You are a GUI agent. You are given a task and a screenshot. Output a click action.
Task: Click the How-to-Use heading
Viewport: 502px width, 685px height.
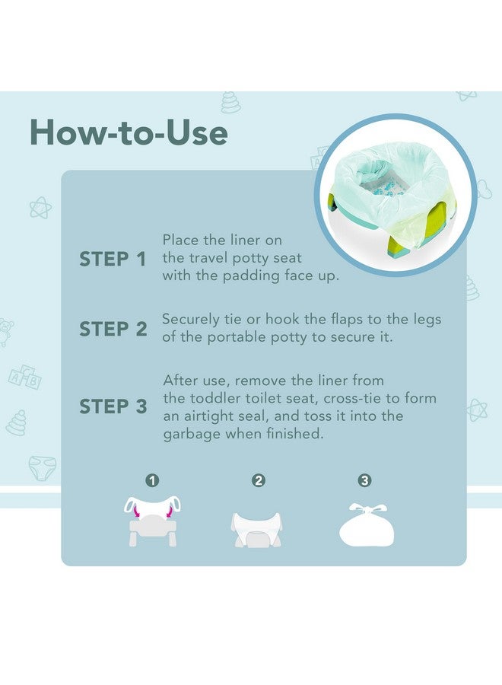(x=129, y=132)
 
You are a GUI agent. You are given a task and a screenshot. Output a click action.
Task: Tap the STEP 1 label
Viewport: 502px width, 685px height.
(x=113, y=260)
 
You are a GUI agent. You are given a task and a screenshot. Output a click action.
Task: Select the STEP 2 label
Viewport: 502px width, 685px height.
(x=113, y=330)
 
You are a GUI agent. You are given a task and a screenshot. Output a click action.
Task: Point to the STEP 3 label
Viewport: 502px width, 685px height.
(x=113, y=406)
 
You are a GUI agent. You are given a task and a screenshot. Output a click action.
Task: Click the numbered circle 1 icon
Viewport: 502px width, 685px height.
(x=153, y=480)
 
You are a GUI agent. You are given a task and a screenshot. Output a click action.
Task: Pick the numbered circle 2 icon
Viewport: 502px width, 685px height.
(x=259, y=480)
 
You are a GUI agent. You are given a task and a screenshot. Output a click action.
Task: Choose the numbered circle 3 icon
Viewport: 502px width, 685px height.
(x=364, y=480)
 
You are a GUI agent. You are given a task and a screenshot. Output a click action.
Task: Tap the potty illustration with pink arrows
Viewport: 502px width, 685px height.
(x=152, y=521)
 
